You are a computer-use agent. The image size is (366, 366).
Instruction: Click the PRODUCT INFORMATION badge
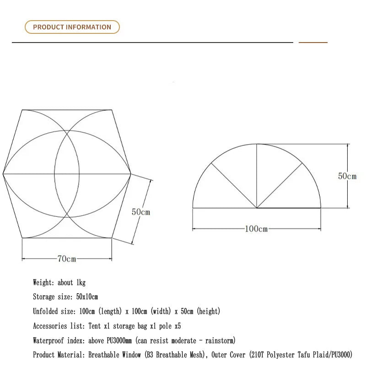(72, 27)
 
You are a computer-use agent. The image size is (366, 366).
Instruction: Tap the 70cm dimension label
(67, 259)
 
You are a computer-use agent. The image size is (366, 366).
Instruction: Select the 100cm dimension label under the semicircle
(257, 229)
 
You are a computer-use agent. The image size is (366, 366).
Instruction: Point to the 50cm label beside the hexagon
(141, 212)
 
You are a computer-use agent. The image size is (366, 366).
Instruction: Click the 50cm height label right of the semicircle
(347, 176)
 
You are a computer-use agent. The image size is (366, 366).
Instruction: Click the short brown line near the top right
(313, 43)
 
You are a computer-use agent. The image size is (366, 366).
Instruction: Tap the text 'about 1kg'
(72, 283)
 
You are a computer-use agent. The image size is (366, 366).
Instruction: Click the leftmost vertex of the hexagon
(3, 173)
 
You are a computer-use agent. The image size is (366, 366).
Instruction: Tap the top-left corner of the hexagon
(22, 110)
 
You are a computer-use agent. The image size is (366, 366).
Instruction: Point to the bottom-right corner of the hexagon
(112, 238)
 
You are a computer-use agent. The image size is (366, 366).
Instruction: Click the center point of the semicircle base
(257, 208)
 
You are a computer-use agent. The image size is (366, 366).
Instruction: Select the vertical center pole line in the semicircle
(257, 176)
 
